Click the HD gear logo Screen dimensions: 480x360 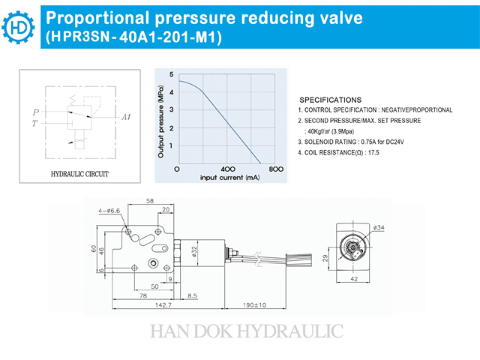(18, 27)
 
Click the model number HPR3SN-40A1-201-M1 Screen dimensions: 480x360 (133, 37)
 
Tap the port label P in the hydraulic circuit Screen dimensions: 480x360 (36, 112)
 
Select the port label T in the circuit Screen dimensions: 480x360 (34, 123)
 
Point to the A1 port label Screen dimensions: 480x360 (126, 117)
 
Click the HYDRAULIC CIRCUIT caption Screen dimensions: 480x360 (79, 174)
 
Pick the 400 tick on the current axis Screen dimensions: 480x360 (228, 169)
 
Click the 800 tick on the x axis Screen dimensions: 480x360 (276, 169)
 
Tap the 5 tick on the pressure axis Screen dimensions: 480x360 (172, 74)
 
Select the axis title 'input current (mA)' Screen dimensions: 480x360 (230, 178)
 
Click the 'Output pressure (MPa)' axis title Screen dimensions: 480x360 (161, 121)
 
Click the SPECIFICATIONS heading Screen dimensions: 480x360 (330, 100)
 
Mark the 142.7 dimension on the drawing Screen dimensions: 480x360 (163, 305)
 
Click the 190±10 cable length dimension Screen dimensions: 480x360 (254, 305)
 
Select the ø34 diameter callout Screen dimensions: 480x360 (379, 227)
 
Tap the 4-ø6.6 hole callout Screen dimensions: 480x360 (109, 211)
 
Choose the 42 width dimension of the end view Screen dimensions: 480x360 (354, 279)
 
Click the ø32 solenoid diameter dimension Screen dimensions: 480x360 (194, 253)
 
